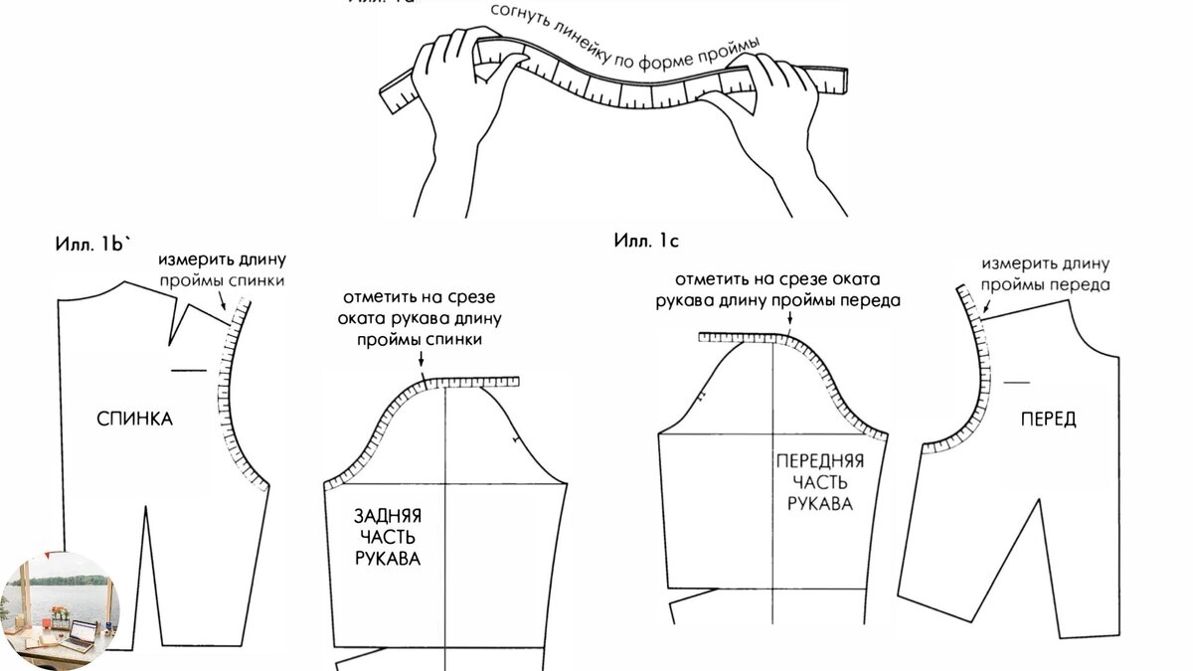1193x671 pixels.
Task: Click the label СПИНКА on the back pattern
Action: click(x=134, y=419)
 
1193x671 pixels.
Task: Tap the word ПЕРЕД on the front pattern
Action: click(x=1048, y=419)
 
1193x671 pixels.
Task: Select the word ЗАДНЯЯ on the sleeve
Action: click(x=388, y=517)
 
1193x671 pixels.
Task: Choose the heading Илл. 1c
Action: click(x=646, y=240)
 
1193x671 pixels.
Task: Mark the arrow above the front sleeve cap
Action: click(x=787, y=320)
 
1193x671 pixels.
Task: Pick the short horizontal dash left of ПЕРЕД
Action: click(x=1016, y=382)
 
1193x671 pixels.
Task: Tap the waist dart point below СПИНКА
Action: click(x=146, y=509)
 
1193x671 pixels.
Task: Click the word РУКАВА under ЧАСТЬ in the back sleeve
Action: click(x=388, y=559)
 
